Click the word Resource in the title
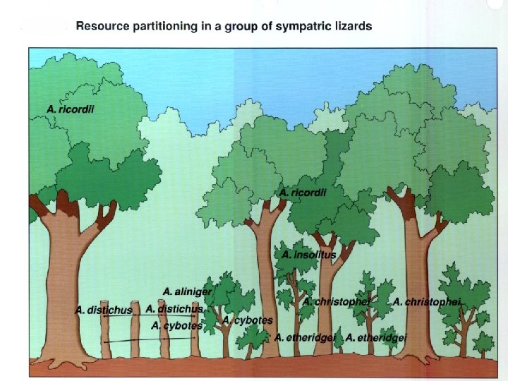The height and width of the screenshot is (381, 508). click(x=100, y=26)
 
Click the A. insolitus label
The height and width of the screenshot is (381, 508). click(x=308, y=254)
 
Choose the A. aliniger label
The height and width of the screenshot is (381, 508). click(x=187, y=291)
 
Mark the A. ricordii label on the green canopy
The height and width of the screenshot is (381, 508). click(x=303, y=192)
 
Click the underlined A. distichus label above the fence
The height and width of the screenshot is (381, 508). click(x=174, y=309)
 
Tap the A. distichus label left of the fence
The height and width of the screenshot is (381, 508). click(x=104, y=310)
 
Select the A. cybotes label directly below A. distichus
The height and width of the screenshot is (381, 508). click(x=176, y=326)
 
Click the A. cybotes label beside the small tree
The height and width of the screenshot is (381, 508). click(x=248, y=320)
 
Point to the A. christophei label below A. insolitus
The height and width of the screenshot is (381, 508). click(x=337, y=302)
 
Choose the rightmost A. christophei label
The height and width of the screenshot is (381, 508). click(x=427, y=302)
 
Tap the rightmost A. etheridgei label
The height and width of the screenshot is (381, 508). click(x=377, y=338)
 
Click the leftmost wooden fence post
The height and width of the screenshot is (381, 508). click(x=106, y=339)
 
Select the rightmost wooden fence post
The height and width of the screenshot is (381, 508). click(x=195, y=339)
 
